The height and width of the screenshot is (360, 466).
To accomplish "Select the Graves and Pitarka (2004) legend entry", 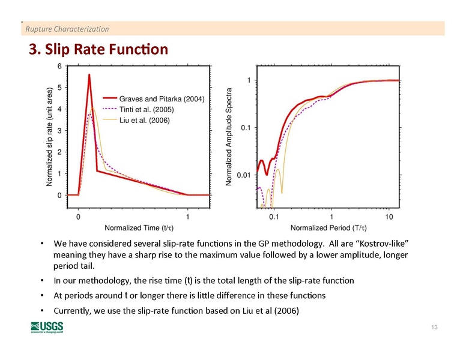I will pyautogui.click(x=162, y=99).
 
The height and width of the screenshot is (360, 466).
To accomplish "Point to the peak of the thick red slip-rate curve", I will pyautogui.click(x=89, y=75).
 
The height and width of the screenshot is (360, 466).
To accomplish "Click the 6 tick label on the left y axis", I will pyautogui.click(x=59, y=66).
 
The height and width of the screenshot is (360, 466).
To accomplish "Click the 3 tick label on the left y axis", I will pyautogui.click(x=59, y=131).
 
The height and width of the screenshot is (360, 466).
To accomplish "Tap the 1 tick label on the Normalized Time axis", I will pyautogui.click(x=188, y=216).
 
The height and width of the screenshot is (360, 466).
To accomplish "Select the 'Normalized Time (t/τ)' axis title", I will pyautogui.click(x=139, y=228).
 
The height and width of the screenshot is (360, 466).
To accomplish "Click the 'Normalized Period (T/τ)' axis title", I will pyautogui.click(x=328, y=228).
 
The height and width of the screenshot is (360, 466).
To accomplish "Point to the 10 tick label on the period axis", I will pyautogui.click(x=389, y=216).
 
